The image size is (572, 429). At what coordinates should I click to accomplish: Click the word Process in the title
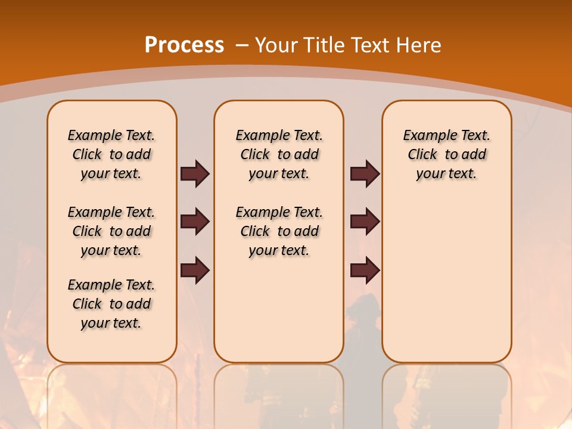(x=184, y=45)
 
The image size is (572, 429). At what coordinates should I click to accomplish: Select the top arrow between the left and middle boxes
(x=195, y=173)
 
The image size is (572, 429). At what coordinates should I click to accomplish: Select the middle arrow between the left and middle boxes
(x=195, y=222)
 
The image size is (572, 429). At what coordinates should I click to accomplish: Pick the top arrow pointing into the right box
(x=365, y=173)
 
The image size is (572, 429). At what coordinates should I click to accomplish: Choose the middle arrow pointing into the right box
(x=365, y=222)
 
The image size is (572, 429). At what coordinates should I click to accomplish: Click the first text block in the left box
(x=111, y=154)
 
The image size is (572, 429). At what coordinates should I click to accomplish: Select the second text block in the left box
(x=111, y=231)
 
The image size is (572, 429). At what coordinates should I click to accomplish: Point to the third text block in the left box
(x=111, y=304)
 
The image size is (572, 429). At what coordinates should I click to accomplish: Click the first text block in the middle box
(x=279, y=154)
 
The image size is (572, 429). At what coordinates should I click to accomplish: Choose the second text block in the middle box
(x=279, y=231)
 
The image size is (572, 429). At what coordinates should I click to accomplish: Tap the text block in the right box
(x=446, y=154)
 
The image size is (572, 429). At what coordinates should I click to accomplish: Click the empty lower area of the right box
(x=446, y=280)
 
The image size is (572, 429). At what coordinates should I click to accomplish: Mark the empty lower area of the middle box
(x=279, y=310)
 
